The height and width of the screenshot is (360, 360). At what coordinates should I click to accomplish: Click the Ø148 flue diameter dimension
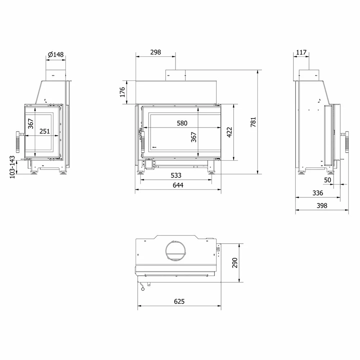tap(55, 55)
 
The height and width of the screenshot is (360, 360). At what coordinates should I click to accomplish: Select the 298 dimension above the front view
tap(155, 52)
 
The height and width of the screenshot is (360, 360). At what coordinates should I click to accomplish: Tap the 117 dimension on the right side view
tap(301, 53)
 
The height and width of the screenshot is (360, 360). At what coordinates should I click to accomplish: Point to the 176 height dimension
tap(122, 92)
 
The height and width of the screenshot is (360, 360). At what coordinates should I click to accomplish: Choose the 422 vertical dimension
tap(229, 132)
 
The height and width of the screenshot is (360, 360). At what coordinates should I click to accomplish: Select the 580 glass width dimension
tap(182, 123)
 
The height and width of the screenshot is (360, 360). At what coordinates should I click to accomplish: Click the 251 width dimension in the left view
tap(44, 131)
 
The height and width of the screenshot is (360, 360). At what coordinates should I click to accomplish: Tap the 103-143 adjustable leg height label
tap(12, 167)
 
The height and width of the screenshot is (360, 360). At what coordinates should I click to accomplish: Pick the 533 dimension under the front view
tap(176, 175)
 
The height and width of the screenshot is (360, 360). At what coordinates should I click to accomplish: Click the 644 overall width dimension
tap(178, 185)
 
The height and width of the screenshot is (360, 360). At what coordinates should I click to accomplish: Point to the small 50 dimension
tap(327, 180)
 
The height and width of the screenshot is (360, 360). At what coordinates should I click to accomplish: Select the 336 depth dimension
tap(318, 193)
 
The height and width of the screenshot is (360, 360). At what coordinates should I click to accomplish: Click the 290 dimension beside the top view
tap(235, 263)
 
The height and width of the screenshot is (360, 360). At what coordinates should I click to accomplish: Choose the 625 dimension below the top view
tap(179, 301)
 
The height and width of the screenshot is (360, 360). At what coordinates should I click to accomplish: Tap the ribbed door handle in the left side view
tap(18, 142)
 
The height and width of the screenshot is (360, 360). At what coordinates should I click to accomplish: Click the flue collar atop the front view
tap(175, 75)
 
